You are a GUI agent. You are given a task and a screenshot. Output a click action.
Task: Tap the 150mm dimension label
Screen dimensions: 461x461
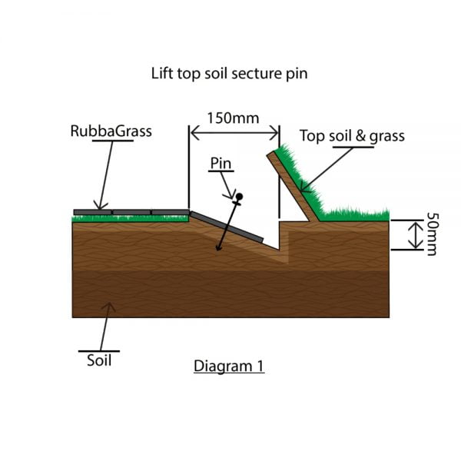click(x=233, y=118)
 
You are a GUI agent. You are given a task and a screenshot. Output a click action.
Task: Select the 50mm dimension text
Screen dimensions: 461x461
click(x=432, y=234)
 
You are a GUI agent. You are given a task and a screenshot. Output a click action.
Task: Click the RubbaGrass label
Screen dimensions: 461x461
click(x=111, y=131)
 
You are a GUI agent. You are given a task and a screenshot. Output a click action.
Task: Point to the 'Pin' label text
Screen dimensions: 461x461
click(x=221, y=163)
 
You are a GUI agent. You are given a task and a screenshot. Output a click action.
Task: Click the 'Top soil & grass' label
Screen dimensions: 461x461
click(x=352, y=136)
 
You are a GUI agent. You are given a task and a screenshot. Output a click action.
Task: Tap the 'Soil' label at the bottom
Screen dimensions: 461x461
click(x=99, y=360)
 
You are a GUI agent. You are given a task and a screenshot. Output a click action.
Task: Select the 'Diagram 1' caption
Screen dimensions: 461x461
click(x=229, y=366)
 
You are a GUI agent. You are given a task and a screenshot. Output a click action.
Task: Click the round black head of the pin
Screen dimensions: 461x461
click(x=239, y=196)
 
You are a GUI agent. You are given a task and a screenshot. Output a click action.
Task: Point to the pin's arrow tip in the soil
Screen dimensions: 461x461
click(x=217, y=249)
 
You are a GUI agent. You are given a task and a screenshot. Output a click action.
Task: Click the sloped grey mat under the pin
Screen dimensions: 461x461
click(x=227, y=227)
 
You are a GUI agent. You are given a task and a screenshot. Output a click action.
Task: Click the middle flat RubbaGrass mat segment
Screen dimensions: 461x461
click(x=131, y=212)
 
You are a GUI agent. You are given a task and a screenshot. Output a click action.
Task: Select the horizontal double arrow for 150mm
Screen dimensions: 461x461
click(x=234, y=133)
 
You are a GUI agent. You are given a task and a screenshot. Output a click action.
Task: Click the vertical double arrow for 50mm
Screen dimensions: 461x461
click(x=415, y=235)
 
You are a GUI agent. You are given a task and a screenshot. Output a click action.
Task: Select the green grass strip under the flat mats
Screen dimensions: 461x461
click(x=131, y=218)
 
